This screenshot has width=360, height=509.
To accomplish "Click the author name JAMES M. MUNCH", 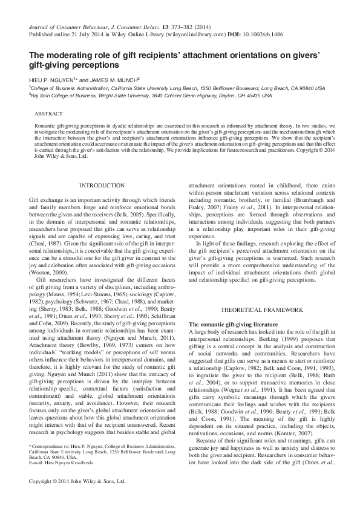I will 112,79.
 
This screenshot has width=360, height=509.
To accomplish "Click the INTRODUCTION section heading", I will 102,185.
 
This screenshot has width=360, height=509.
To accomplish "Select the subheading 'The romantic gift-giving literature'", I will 227,325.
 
